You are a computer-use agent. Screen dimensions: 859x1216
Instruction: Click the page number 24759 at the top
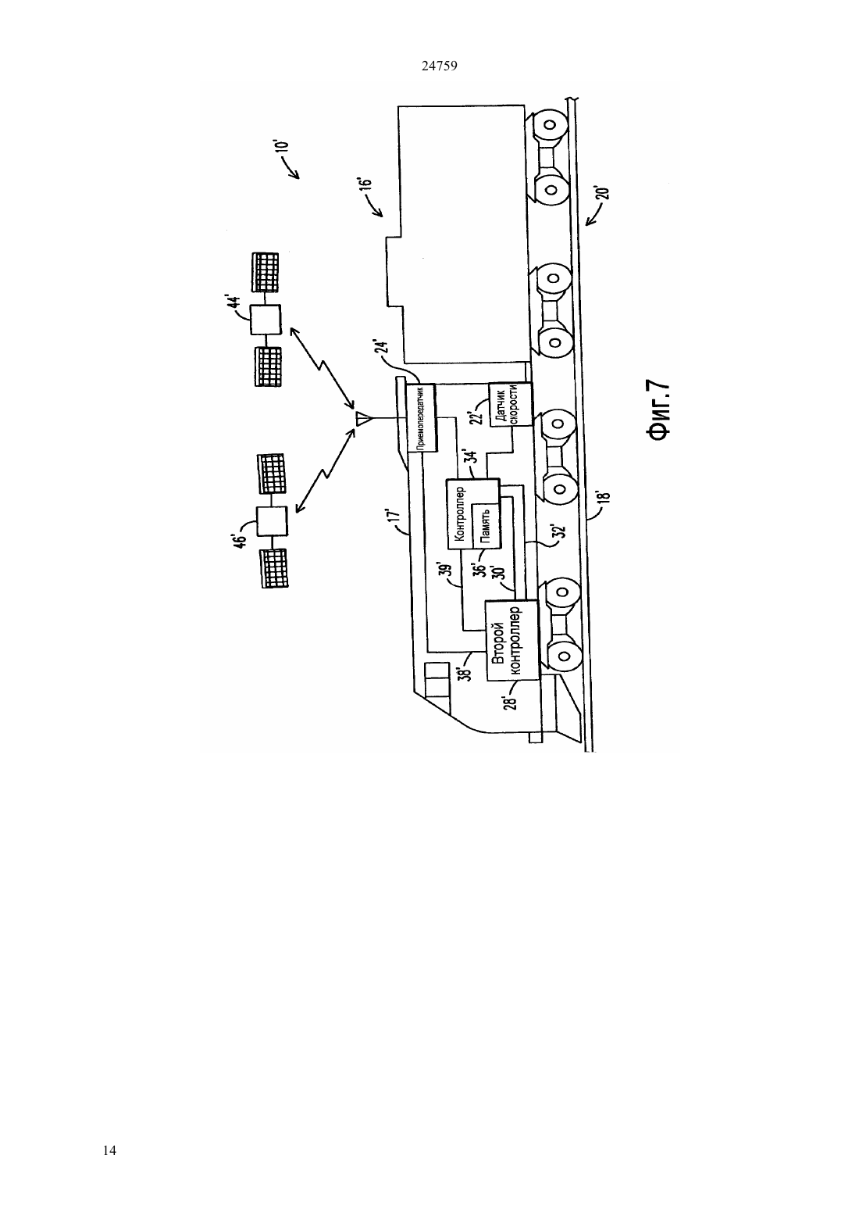[439, 66]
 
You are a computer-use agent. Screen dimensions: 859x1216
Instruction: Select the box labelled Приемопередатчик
[422, 418]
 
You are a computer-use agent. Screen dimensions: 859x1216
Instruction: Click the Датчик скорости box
[510, 405]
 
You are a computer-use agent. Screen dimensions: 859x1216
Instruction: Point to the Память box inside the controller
[486, 523]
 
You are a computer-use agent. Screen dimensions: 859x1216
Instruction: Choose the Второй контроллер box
[512, 640]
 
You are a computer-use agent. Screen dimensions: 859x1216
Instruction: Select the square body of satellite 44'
[266, 320]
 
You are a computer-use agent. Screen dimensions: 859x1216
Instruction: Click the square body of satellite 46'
[272, 522]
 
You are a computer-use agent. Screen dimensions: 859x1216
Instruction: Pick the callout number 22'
[478, 414]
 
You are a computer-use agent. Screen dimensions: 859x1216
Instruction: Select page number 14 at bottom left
[109, 1150]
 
